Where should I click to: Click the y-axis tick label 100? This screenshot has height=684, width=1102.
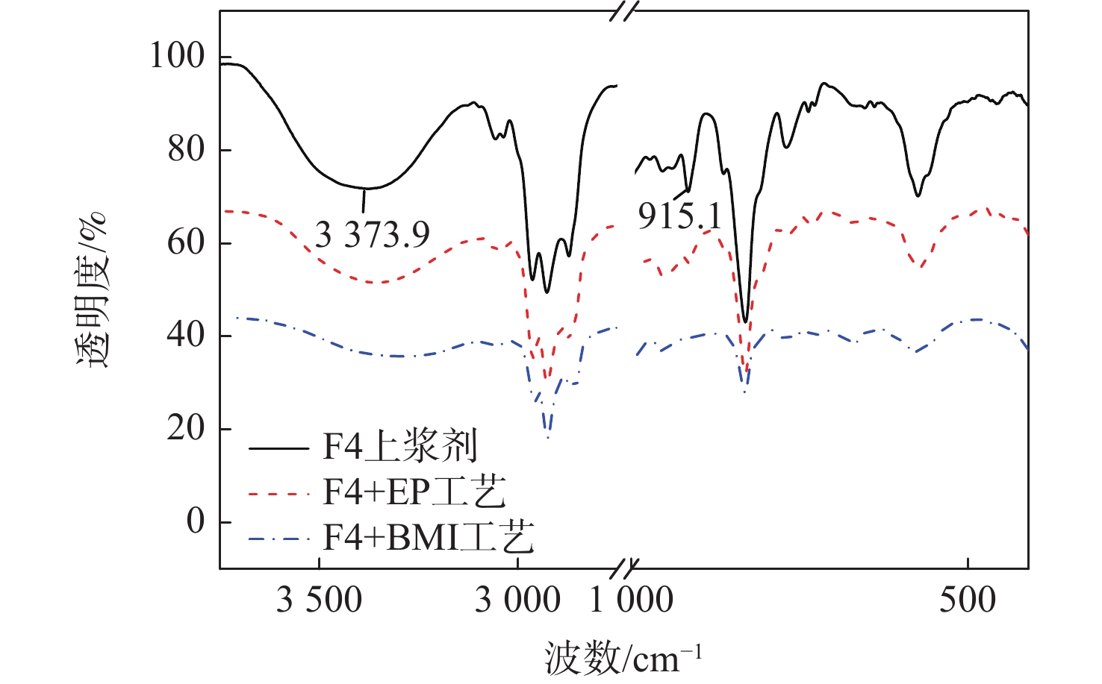(177, 56)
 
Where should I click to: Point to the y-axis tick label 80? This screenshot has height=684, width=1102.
(186, 149)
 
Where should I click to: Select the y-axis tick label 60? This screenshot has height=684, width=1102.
(186, 242)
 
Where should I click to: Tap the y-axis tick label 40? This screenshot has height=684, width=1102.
(186, 335)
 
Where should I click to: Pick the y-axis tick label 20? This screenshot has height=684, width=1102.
(186, 428)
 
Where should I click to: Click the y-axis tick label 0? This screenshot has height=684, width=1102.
(196, 521)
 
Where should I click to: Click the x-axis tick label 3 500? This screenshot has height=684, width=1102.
(319, 600)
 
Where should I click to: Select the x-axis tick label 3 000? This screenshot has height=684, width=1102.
(517, 600)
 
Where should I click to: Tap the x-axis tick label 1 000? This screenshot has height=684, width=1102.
(632, 600)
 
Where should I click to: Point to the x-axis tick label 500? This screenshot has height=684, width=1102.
(968, 600)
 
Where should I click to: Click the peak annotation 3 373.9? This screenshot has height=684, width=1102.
(373, 235)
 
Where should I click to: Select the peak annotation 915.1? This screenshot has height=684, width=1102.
(679, 216)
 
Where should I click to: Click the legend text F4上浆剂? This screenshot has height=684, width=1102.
(399, 448)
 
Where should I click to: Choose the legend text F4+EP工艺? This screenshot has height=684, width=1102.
(414, 492)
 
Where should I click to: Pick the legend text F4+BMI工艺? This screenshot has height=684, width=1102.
(429, 537)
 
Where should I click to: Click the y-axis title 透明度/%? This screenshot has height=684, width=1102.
(92, 291)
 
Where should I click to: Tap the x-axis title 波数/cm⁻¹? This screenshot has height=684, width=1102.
(623, 659)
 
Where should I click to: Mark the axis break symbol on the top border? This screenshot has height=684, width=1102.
(624, 11)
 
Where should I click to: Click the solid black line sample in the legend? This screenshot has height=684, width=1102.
(278, 449)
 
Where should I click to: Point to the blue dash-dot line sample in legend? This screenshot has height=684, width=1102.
(278, 539)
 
